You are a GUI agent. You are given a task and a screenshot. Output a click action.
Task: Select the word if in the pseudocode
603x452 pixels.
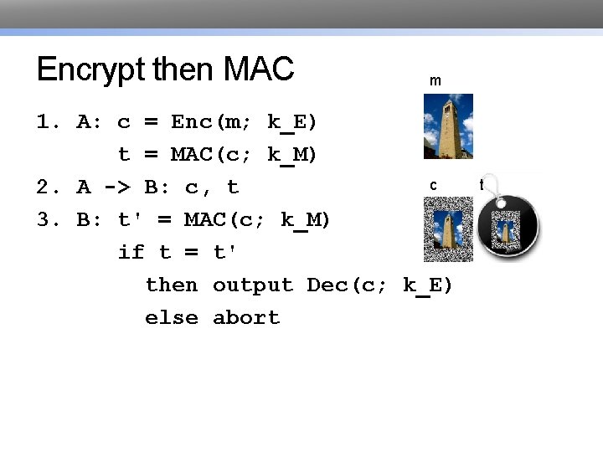[x=131, y=252]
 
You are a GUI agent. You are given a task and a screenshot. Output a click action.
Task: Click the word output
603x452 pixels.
[x=253, y=285]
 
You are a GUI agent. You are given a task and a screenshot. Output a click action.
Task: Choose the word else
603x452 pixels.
[x=172, y=318]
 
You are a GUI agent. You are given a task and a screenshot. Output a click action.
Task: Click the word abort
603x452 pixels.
[x=246, y=318]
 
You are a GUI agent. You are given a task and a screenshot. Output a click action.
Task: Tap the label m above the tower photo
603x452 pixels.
[x=435, y=81]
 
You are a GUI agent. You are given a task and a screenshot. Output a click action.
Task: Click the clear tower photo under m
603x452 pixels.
[x=448, y=126]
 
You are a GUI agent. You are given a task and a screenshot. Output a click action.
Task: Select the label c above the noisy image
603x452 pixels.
[x=433, y=185]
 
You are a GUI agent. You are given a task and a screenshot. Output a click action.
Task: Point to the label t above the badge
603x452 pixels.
[x=482, y=183]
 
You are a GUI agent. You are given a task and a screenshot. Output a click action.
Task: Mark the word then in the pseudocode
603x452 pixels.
[x=172, y=285]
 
